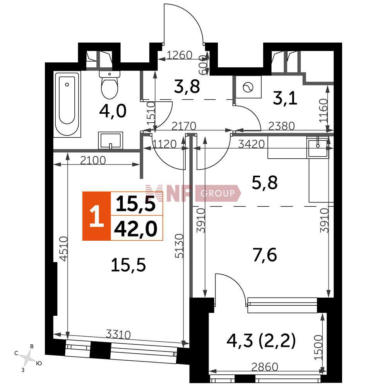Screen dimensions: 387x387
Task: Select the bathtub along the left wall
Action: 67,104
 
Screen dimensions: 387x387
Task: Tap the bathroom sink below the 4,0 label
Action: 111,140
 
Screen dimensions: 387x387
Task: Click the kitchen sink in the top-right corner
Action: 318,147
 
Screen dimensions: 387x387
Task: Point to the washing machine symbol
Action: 248,87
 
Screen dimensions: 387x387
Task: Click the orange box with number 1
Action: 96,216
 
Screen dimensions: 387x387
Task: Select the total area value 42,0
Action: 135,229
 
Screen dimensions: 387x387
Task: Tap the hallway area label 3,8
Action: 187,87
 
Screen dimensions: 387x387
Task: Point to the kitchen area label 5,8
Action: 265,183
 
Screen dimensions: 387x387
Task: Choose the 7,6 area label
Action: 265,255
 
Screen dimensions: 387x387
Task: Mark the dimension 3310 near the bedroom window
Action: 118,334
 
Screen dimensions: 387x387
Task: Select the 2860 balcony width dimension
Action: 265,367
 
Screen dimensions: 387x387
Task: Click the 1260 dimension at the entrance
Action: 180,55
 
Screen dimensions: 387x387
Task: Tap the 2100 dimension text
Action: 93,161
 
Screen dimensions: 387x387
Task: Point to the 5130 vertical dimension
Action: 180,246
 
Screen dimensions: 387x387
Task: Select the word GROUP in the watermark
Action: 217,193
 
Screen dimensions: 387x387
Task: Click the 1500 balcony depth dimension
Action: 319,347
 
